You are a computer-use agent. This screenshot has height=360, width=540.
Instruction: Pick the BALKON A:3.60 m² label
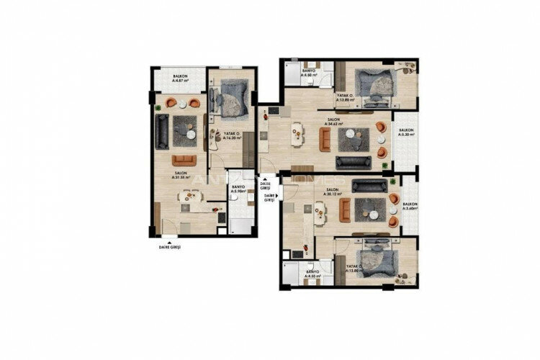point(410,207)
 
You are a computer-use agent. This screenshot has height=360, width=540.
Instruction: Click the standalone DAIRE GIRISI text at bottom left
point(169,246)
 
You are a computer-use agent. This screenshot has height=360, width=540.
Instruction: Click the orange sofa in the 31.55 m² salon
point(183,160)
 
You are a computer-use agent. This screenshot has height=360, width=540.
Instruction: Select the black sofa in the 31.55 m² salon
point(161,132)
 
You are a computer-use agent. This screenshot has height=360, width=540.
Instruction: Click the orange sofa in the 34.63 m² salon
point(325,138)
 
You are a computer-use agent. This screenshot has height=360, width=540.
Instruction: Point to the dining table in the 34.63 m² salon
point(296,134)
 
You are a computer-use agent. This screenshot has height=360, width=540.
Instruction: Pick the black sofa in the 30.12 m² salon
point(369,186)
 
